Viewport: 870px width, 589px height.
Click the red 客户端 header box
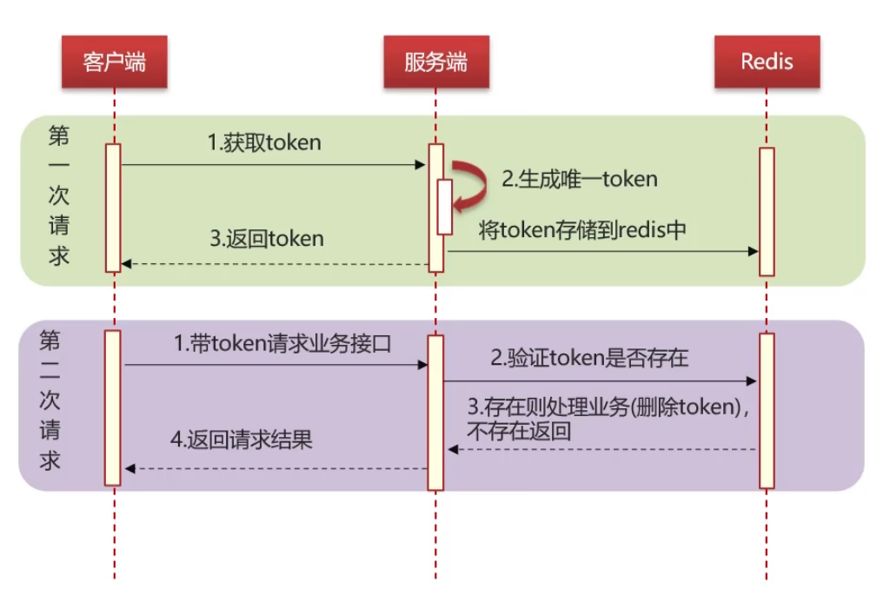[113, 62]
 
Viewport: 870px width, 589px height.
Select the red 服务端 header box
[435, 62]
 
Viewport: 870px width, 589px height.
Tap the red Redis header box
[767, 62]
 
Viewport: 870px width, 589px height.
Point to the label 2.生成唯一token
[580, 180]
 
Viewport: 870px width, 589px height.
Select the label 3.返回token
[267, 238]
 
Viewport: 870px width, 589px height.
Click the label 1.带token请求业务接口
[282, 342]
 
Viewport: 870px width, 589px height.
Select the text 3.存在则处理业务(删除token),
[608, 407]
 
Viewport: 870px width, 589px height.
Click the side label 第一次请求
[59, 196]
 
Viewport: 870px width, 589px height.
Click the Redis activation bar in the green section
[766, 211]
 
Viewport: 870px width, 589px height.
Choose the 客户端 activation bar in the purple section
[113, 407]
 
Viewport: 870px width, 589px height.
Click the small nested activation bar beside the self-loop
[444, 206]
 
